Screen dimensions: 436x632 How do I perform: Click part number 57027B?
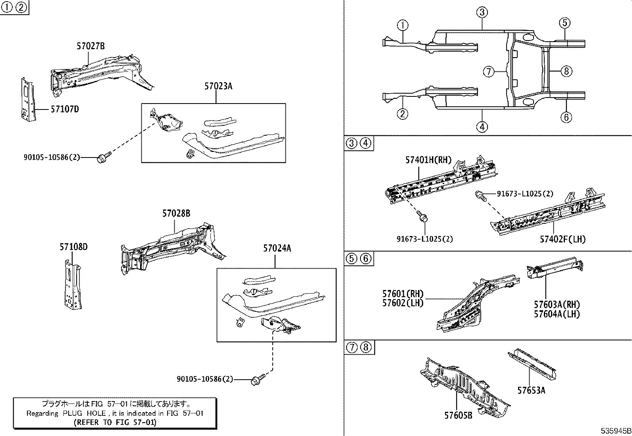(91, 46)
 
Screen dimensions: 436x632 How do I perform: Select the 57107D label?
(64, 109)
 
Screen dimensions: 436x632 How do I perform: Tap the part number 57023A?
(218, 86)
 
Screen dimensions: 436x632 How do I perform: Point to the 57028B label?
(176, 213)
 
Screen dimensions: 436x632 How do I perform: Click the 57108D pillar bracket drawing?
(72, 284)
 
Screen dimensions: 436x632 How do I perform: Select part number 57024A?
(277, 248)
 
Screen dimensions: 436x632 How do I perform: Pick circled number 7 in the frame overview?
(488, 72)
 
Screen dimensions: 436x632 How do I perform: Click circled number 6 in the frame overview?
(566, 117)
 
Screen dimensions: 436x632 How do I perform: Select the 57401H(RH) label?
(428, 160)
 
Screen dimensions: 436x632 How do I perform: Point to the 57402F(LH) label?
(563, 239)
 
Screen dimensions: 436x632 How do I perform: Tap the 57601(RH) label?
(403, 294)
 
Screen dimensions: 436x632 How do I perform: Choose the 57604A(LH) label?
(557, 314)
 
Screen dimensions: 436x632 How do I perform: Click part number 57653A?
(531, 390)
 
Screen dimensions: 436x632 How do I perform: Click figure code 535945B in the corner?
(615, 431)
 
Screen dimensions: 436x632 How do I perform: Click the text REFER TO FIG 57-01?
(115, 422)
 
